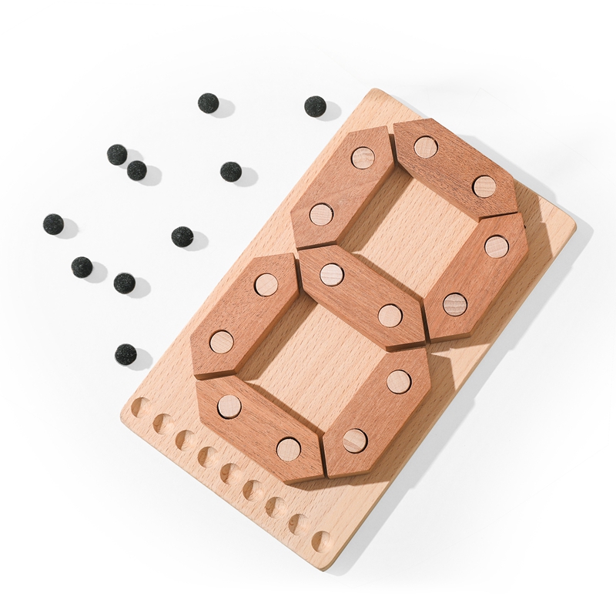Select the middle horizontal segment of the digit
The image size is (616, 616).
point(360,295)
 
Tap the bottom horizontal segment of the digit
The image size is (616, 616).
point(259,427)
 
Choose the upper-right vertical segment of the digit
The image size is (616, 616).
point(476,275)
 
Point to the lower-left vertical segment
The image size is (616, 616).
point(244,313)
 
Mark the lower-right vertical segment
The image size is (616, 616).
point(377,410)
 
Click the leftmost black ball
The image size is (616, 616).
point(53,224)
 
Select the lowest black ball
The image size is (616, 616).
point(126,353)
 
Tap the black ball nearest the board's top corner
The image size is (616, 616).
point(315,106)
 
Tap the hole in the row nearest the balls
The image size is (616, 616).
point(140,407)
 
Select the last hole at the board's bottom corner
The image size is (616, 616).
point(322,541)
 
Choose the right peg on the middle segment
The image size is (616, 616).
point(390,315)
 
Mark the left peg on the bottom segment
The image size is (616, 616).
point(229,407)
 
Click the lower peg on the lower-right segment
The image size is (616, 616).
point(355,440)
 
